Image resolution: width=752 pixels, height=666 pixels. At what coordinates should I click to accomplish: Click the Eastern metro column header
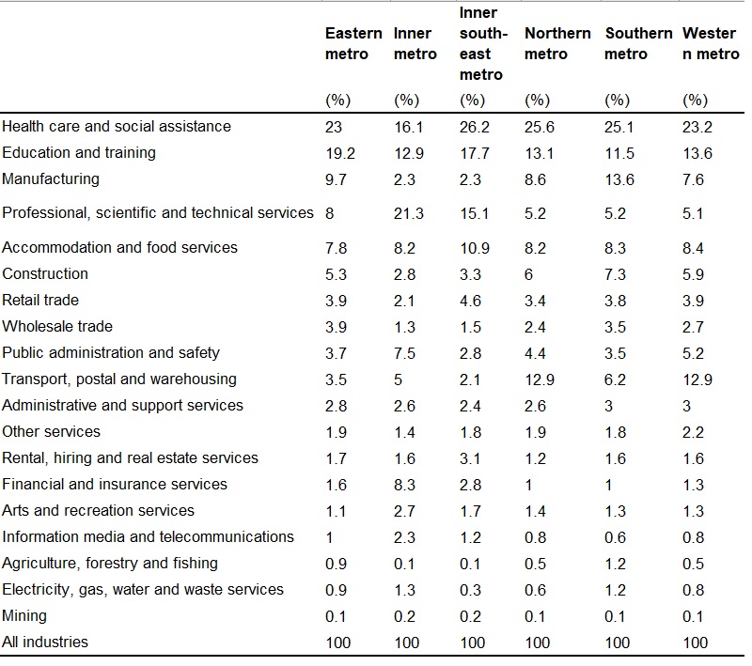pyautogui.click(x=353, y=43)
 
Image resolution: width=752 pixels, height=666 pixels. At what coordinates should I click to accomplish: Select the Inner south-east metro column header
pyautogui.click(x=483, y=43)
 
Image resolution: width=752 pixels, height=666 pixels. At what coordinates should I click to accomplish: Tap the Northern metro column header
pyautogui.click(x=557, y=43)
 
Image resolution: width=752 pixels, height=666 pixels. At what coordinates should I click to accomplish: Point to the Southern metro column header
pyautogui.click(x=638, y=43)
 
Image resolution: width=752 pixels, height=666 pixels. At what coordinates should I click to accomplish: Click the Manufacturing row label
pyautogui.click(x=51, y=178)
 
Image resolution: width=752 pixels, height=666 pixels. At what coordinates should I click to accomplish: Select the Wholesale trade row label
pyautogui.click(x=57, y=326)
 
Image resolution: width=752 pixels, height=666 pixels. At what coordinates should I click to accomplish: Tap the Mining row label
pyautogui.click(x=24, y=615)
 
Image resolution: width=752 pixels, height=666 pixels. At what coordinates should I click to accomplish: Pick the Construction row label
pyautogui.click(x=45, y=273)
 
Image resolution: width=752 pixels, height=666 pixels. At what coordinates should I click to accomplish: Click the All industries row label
pyautogui.click(x=45, y=642)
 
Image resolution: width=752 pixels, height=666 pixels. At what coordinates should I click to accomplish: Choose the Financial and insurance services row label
pyautogui.click(x=115, y=484)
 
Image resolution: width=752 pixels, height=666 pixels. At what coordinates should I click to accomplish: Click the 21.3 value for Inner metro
pyautogui.click(x=409, y=213)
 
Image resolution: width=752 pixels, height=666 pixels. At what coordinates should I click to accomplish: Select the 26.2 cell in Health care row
pyautogui.click(x=475, y=127)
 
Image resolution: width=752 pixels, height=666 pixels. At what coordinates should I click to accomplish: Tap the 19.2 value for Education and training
pyautogui.click(x=340, y=153)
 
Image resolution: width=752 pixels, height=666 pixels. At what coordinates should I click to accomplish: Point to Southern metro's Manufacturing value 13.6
pyautogui.click(x=619, y=179)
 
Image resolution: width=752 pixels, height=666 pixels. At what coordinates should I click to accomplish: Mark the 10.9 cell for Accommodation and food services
pyautogui.click(x=475, y=248)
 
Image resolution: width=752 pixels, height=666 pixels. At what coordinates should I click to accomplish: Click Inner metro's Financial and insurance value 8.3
pyautogui.click(x=404, y=485)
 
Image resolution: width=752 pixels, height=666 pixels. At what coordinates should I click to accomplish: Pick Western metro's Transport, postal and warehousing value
pyautogui.click(x=697, y=379)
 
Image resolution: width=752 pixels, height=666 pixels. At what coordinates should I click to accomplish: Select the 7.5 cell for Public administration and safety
pyautogui.click(x=404, y=353)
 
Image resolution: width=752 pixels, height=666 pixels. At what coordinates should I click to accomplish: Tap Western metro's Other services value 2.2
pyautogui.click(x=693, y=433)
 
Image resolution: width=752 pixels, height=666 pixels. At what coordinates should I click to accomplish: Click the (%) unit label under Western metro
pyautogui.click(x=695, y=101)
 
